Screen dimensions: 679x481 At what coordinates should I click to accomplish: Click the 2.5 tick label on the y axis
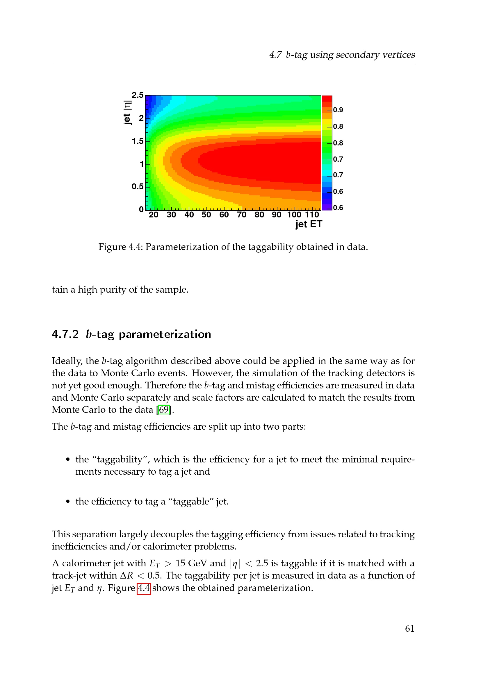[138, 95]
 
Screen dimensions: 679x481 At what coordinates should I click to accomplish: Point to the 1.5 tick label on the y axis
[138, 141]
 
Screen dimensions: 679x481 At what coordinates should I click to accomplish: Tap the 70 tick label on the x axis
[241, 215]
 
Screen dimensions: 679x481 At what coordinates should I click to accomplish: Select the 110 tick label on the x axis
[312, 215]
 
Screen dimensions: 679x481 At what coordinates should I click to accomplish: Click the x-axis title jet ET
[308, 224]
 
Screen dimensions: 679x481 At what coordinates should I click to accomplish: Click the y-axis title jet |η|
[127, 113]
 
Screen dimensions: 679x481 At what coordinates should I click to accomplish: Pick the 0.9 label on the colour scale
[338, 110]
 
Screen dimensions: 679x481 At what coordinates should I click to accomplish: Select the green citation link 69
[164, 410]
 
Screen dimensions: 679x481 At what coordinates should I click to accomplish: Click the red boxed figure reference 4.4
[144, 588]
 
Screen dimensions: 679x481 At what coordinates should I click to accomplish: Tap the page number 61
[409, 628]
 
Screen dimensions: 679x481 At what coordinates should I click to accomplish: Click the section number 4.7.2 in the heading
[65, 334]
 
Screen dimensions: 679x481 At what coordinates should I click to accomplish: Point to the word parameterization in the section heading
[165, 334]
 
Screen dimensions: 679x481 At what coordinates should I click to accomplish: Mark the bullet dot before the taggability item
[68, 460]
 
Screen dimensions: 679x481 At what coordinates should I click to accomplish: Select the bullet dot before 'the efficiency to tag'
[68, 502]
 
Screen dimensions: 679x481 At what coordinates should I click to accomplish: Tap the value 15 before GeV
[180, 563]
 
